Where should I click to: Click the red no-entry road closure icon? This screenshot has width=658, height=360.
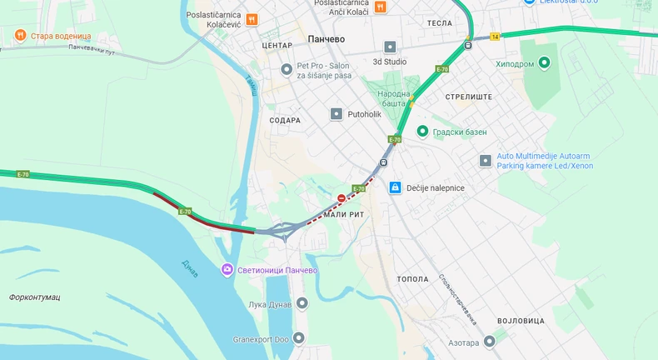tap(341, 198)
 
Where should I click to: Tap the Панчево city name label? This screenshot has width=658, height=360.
tap(327, 39)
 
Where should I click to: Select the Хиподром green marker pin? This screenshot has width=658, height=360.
tap(545, 62)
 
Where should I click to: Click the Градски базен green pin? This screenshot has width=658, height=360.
tap(422, 132)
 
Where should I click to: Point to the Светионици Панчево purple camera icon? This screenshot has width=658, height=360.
tap(227, 269)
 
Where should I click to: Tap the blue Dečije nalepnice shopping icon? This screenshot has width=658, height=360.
tap(396, 187)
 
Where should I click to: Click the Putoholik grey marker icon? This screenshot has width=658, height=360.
tap(336, 113)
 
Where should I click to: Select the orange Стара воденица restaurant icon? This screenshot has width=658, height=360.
tap(20, 36)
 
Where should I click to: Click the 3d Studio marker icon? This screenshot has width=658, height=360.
tap(390, 47)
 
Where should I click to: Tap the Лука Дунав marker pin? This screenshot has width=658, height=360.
tap(302, 303)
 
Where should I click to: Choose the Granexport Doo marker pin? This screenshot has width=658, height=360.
tap(299, 337)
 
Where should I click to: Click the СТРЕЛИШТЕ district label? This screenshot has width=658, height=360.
tap(468, 97)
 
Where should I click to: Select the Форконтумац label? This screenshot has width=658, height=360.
tap(34, 297)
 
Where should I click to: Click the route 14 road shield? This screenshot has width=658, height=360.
tap(495, 37)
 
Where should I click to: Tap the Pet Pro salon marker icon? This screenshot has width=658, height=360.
tap(287, 69)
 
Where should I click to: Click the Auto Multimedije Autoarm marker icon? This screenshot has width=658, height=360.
tap(486, 160)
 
